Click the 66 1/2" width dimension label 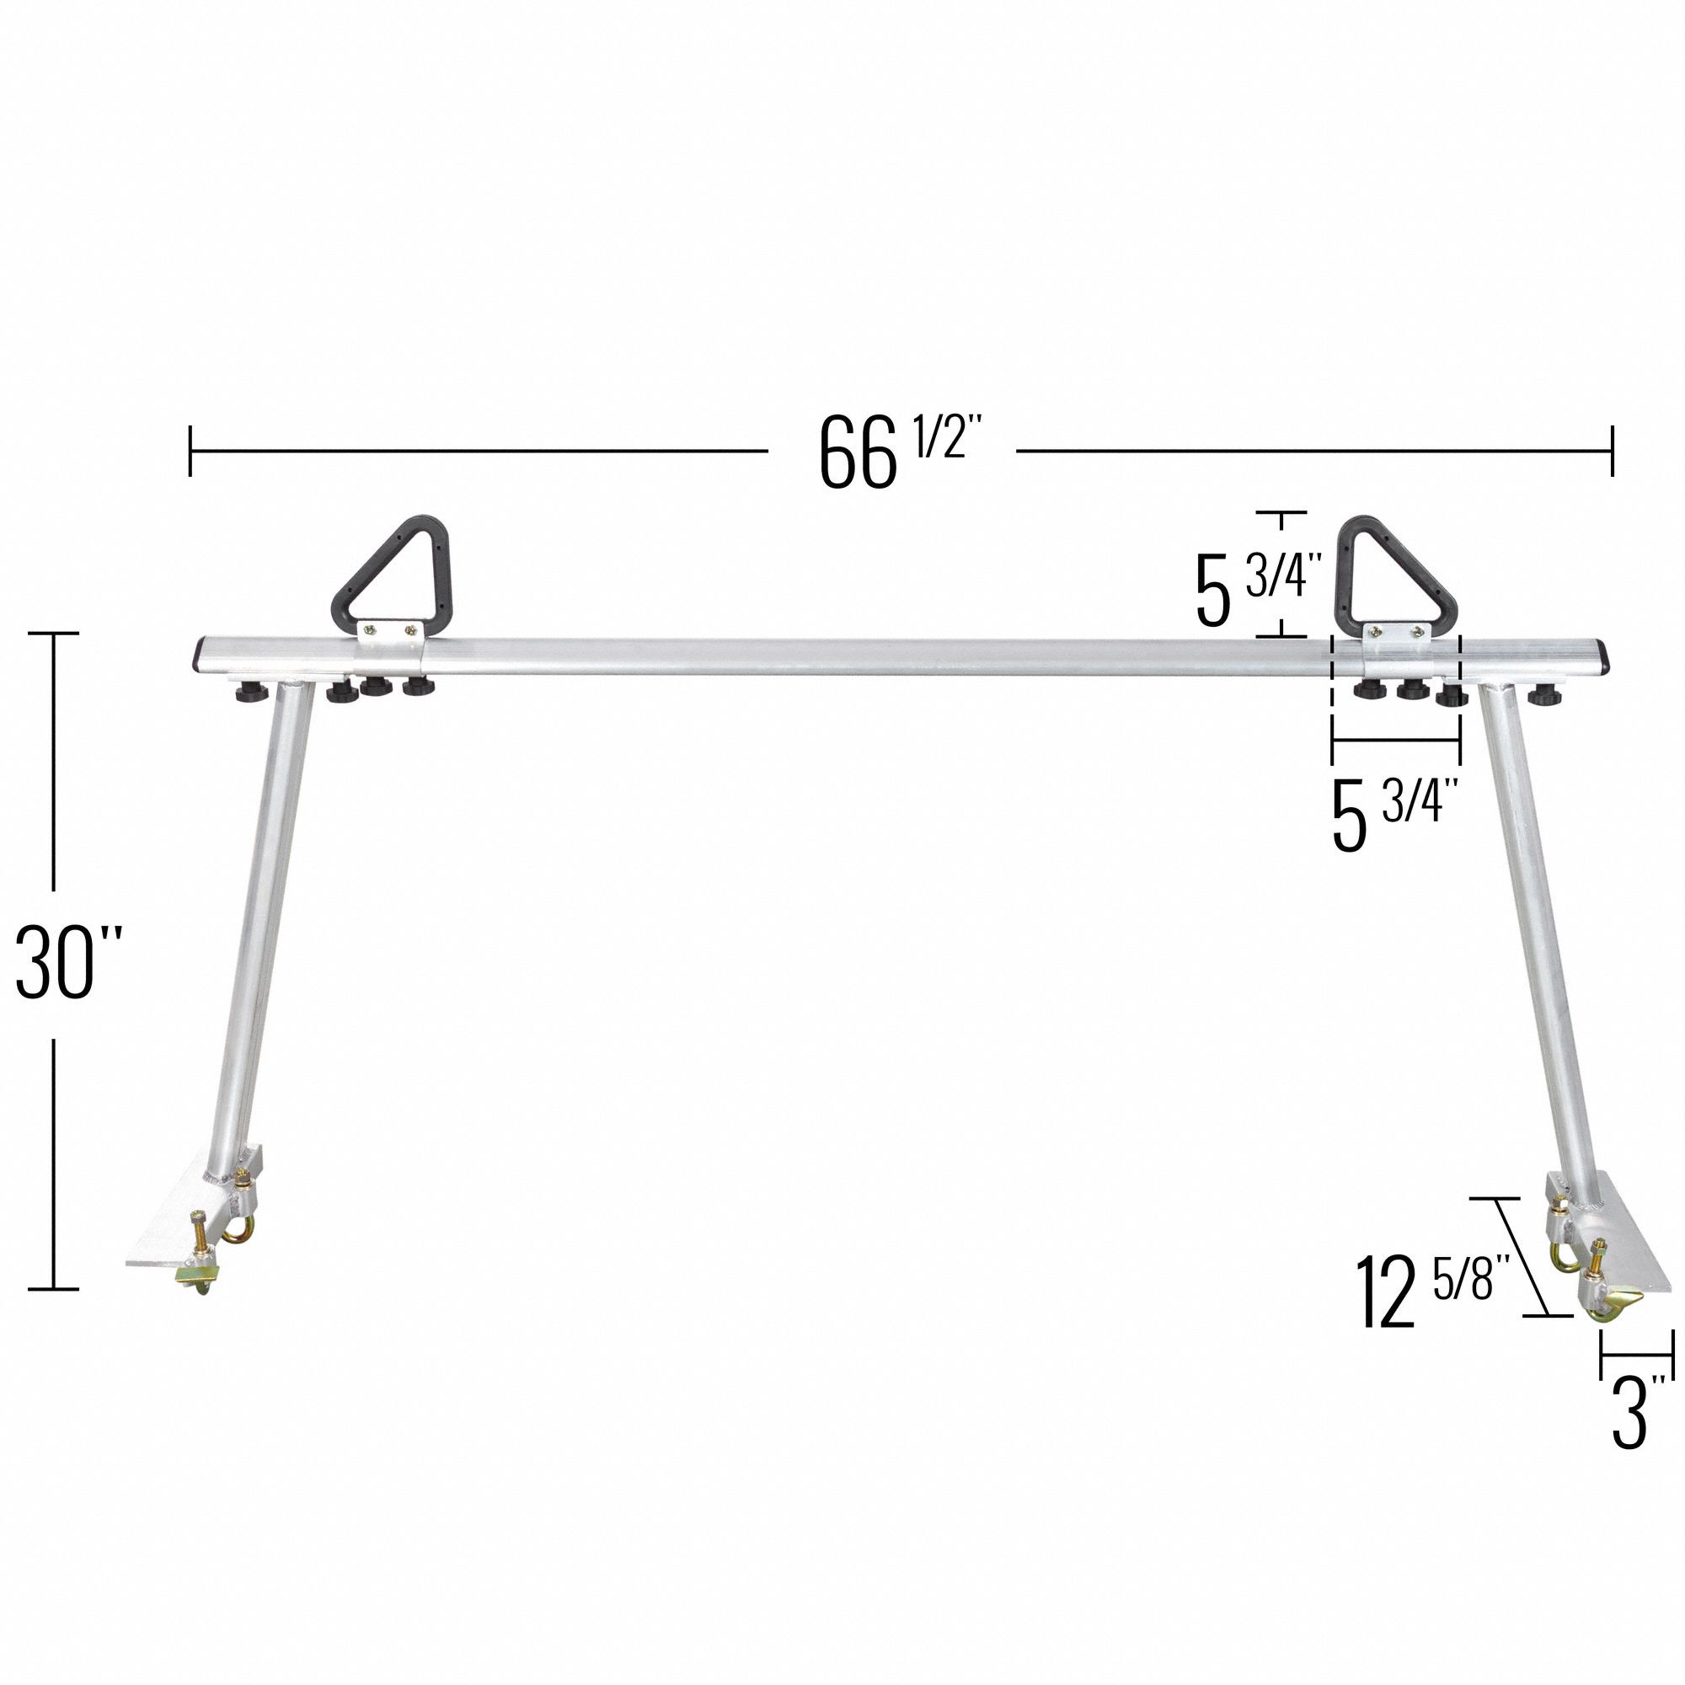pos(891,452)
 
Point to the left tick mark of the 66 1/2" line pos(190,452)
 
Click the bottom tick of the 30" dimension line pos(55,1288)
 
